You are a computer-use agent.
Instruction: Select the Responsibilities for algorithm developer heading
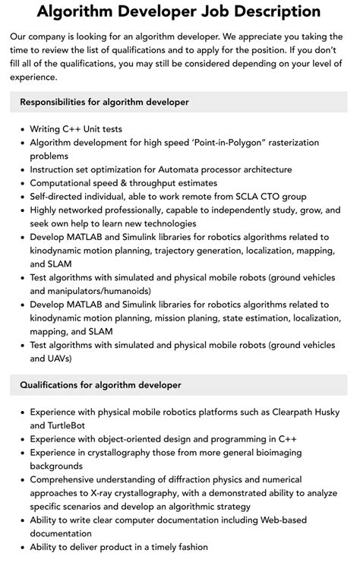(105, 102)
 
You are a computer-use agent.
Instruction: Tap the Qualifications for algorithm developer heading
(101, 385)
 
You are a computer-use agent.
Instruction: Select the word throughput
(169, 183)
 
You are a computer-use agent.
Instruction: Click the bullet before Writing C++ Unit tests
(21, 129)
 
